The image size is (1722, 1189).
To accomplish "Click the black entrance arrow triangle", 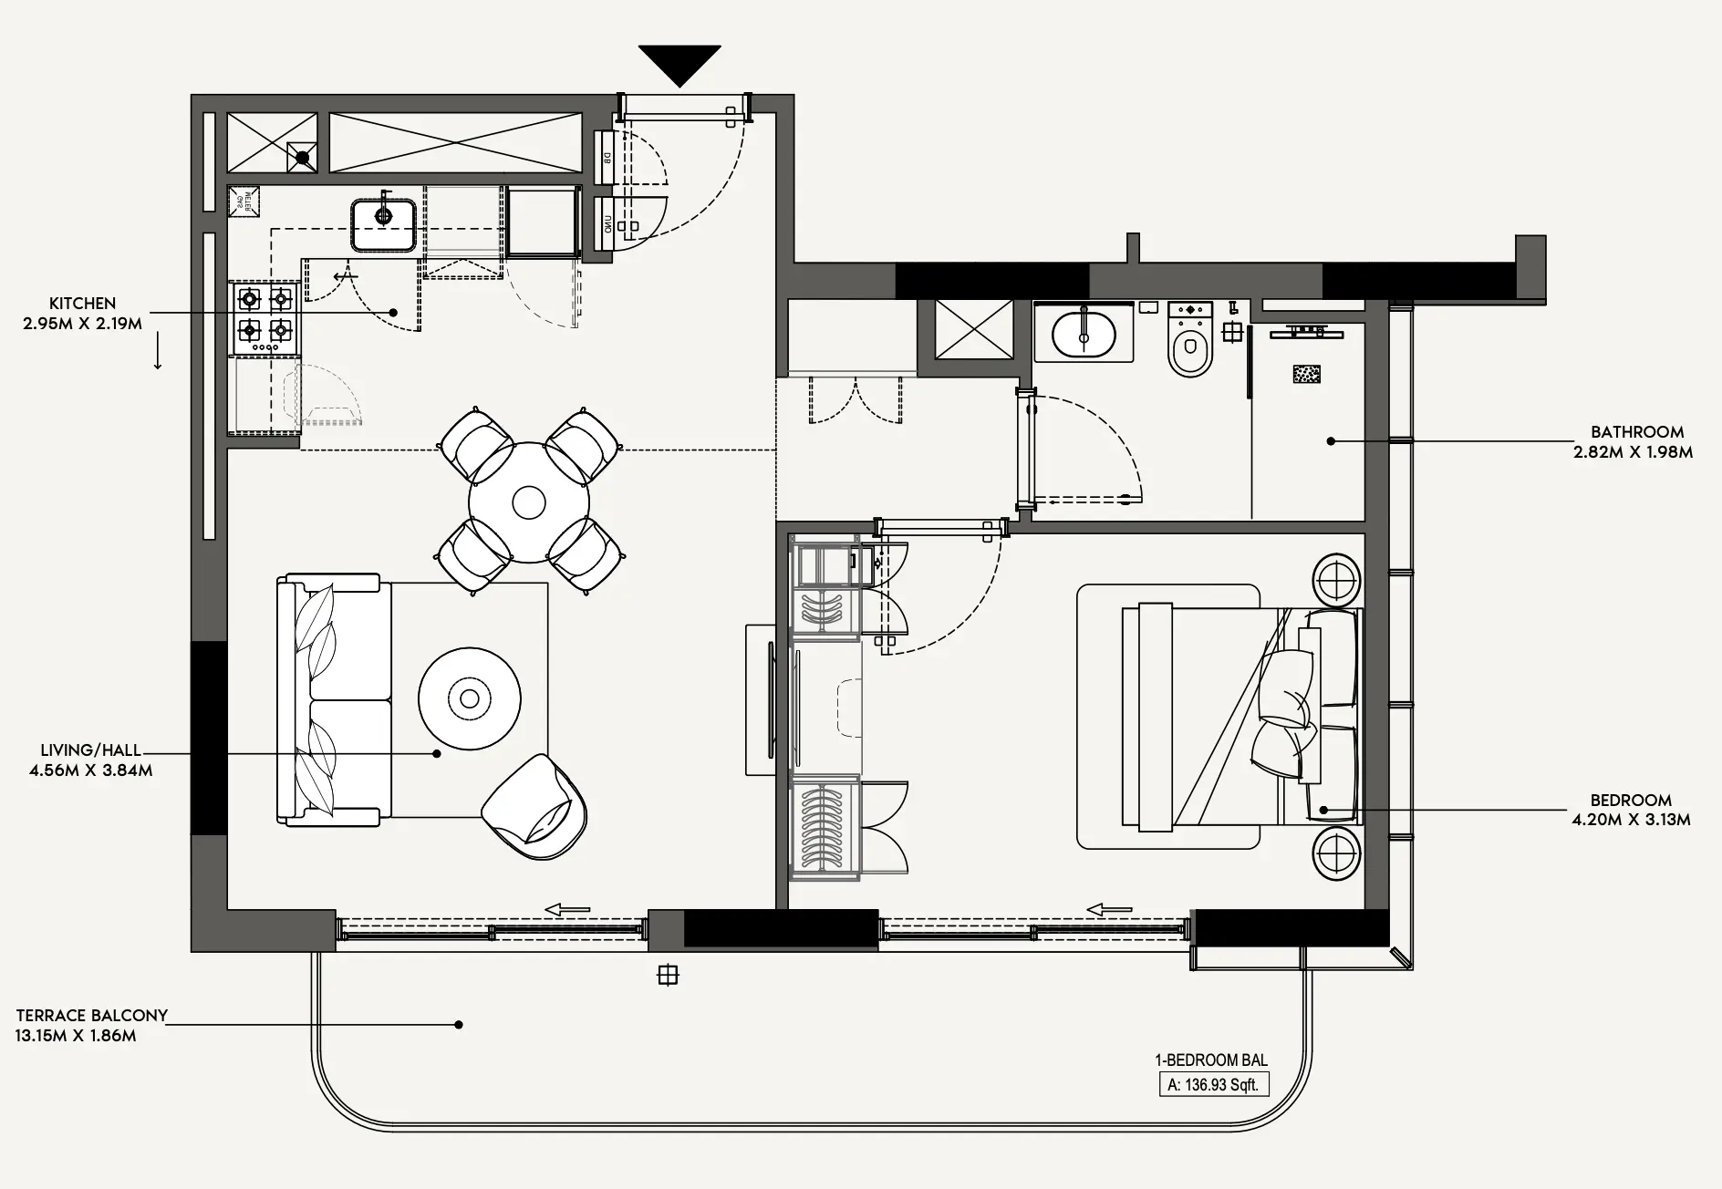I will click(679, 63).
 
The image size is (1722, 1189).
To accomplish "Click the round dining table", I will click(529, 502).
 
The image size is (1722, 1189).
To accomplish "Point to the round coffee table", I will click(470, 698).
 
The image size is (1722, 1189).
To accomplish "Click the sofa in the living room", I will click(334, 700).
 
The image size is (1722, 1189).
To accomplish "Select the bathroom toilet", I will click(1190, 341).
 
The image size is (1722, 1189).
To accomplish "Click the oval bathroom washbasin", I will click(1083, 335).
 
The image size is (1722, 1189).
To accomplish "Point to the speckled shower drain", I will click(1307, 374).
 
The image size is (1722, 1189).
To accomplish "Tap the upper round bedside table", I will click(1337, 578).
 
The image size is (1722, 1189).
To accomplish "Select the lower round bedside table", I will click(1337, 854).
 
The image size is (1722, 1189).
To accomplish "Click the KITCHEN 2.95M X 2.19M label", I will click(82, 313).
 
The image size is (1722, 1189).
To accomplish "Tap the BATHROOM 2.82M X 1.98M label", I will click(1633, 441).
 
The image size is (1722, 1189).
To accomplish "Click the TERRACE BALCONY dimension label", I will click(91, 1025).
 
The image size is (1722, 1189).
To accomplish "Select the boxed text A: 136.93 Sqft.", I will click(1212, 1085).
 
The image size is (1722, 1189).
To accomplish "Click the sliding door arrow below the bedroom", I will click(1109, 909).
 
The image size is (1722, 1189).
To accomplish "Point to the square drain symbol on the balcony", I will click(668, 976).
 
